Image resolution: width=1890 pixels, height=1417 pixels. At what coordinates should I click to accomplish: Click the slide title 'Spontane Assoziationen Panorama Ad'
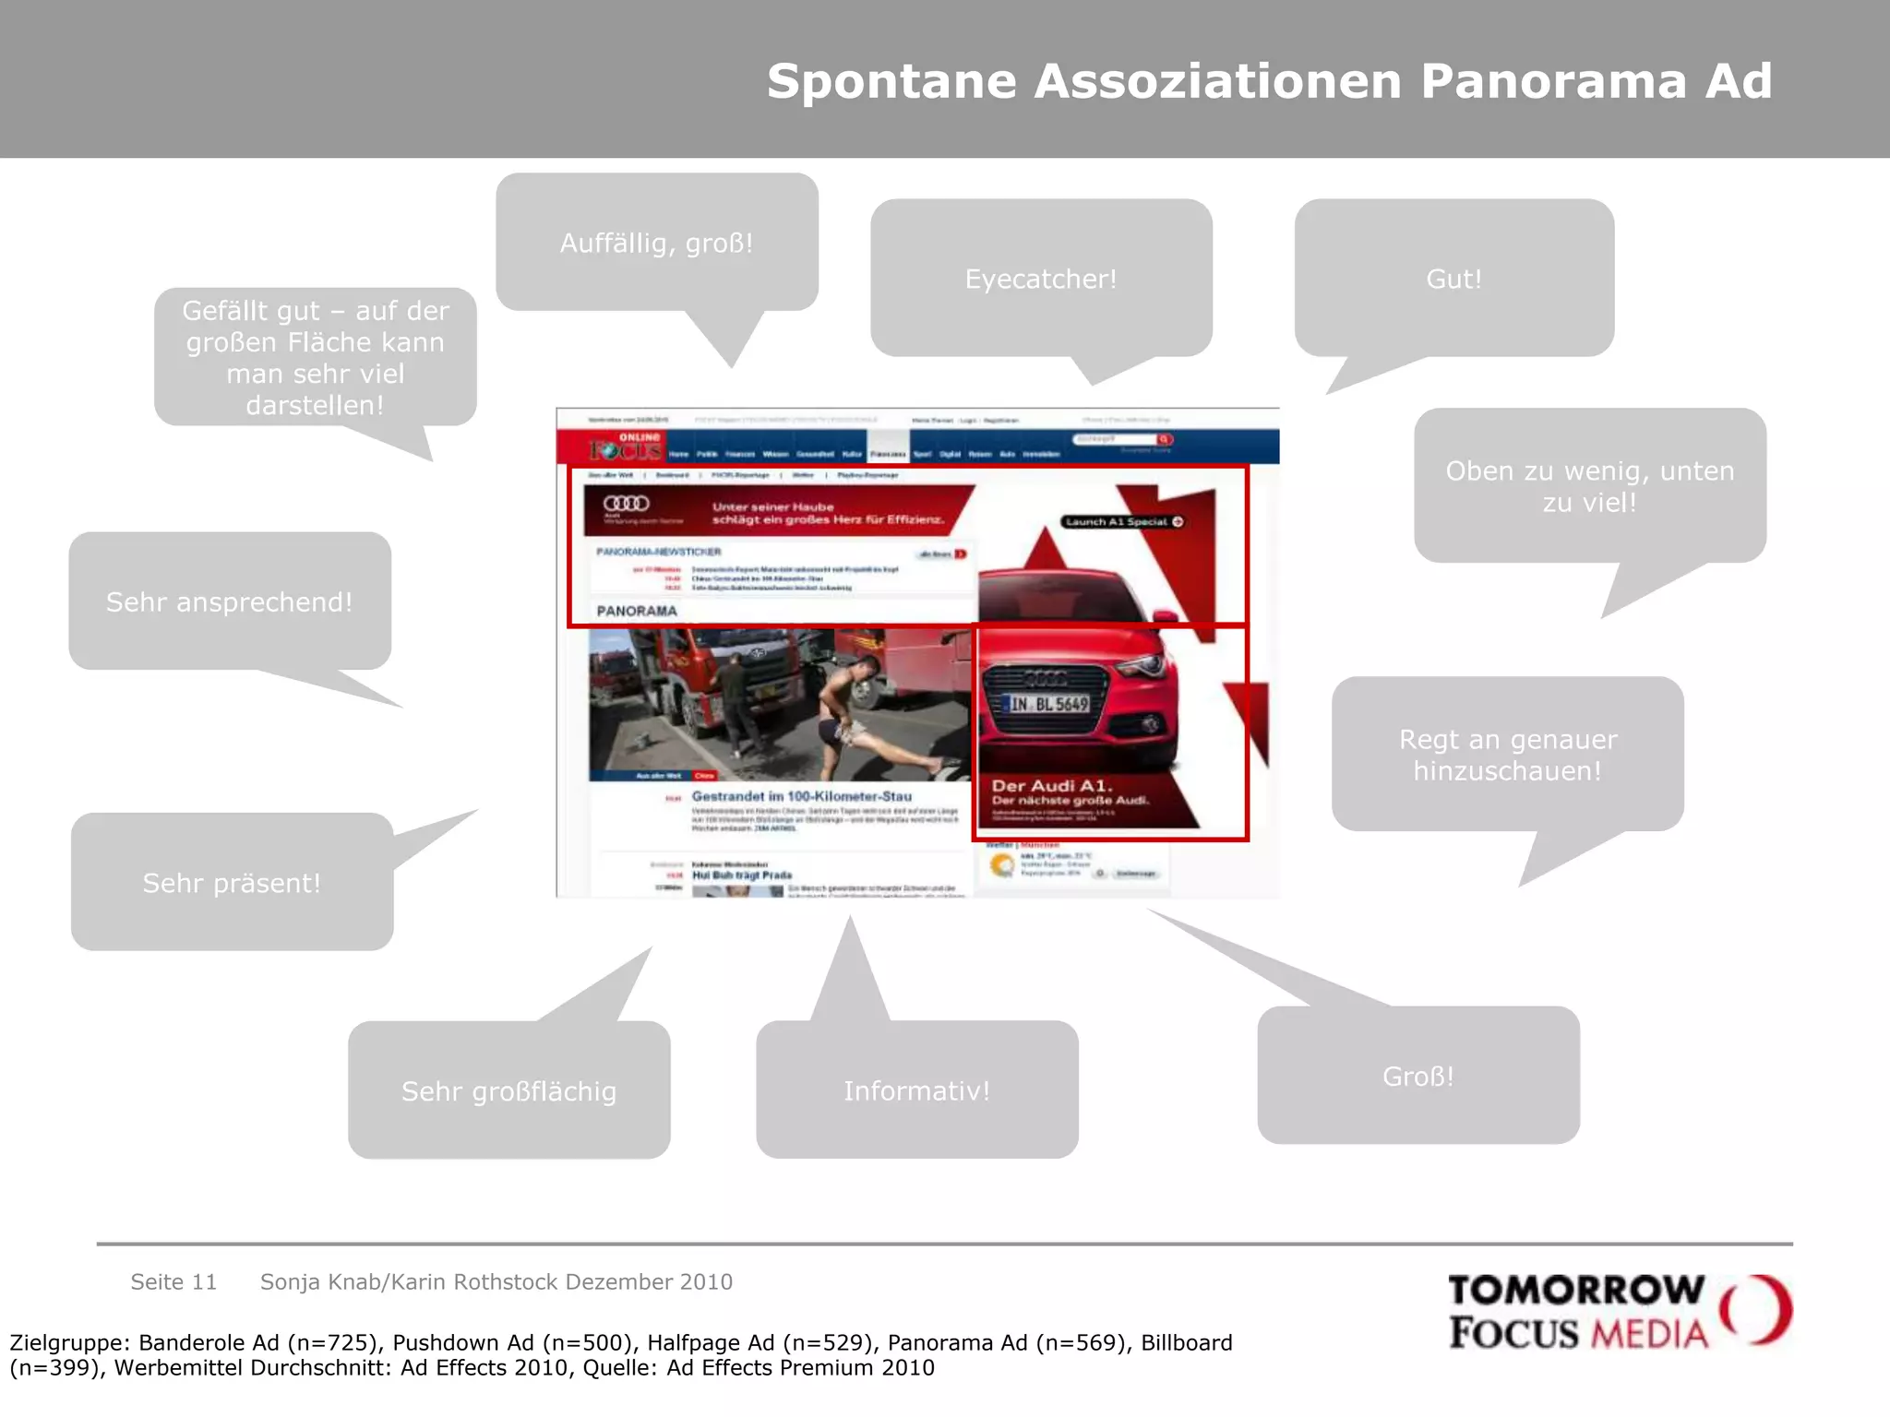tap(1269, 81)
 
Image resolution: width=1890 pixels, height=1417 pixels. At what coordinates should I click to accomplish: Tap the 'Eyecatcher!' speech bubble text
tap(1041, 279)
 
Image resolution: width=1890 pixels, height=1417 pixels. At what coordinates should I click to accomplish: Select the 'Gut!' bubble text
tap(1453, 279)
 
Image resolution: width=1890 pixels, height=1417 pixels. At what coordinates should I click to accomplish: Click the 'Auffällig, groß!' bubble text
tap(656, 244)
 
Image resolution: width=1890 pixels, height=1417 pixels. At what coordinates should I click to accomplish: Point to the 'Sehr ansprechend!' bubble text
tap(229, 602)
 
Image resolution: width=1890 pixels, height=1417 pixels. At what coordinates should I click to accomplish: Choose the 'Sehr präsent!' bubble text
tap(232, 883)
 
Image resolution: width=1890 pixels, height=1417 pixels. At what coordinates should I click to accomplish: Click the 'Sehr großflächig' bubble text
tap(508, 1091)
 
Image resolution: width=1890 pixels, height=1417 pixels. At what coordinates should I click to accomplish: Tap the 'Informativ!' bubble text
tap(916, 1091)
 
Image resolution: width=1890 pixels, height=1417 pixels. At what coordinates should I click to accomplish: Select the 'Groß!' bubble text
tap(1418, 1077)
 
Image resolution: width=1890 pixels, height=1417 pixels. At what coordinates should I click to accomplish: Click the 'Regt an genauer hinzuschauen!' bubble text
tap(1508, 755)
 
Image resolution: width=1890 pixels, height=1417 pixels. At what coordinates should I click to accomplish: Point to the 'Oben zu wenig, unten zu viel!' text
tap(1589, 486)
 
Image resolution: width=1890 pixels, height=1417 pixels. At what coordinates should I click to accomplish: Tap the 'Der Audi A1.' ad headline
tap(1052, 786)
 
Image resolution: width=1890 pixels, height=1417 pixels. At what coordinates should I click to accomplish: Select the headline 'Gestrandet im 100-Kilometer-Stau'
tap(801, 796)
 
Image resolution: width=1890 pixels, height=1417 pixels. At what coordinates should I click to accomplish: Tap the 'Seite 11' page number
tap(173, 1281)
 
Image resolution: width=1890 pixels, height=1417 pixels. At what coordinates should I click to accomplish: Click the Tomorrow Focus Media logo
tap(1619, 1311)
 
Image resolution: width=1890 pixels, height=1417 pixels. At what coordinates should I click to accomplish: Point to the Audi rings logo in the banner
tap(626, 504)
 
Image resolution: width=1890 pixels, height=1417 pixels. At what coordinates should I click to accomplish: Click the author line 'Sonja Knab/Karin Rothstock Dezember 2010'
tap(496, 1281)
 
